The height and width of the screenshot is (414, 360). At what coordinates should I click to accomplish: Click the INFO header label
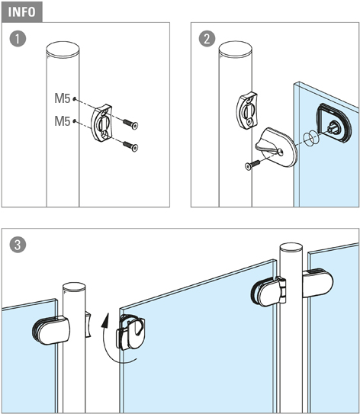[21, 12]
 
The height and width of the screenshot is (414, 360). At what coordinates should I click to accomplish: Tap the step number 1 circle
[18, 39]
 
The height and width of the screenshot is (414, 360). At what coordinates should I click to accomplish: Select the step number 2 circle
[207, 39]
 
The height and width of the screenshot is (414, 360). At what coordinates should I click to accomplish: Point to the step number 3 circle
[18, 245]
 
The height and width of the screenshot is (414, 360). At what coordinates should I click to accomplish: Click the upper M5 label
[63, 98]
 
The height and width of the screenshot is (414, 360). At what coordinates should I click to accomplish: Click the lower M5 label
[63, 121]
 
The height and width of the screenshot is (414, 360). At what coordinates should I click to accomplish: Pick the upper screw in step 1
[130, 124]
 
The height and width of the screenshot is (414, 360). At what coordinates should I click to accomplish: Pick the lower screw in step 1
[130, 146]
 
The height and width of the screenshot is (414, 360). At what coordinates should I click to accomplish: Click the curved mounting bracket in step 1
[101, 124]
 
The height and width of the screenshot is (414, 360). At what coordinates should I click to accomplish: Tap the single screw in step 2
[252, 165]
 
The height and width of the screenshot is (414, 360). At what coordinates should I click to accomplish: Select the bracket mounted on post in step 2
[246, 111]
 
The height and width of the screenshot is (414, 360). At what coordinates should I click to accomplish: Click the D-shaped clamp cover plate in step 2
[276, 147]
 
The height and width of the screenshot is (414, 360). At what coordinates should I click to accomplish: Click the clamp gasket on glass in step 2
[334, 124]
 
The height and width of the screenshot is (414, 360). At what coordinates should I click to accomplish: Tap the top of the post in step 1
[63, 50]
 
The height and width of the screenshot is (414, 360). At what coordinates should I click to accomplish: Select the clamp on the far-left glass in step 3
[51, 330]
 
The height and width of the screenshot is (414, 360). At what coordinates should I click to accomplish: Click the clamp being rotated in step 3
[130, 332]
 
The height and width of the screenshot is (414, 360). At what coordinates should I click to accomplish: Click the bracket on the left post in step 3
[88, 325]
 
